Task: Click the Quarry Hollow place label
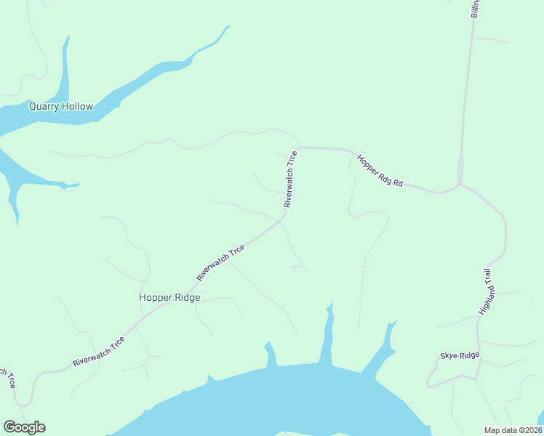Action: pos(61,106)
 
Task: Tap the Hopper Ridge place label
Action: pos(169,297)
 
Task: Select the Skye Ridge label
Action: pos(460,355)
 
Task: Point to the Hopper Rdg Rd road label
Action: pos(380,170)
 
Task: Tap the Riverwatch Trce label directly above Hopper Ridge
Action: pos(220,264)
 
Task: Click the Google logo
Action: pos(24,427)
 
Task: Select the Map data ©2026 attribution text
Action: pos(513,429)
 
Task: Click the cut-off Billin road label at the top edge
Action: pos(476,9)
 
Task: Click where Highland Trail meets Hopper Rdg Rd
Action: pos(460,185)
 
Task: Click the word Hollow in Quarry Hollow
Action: pos(77,106)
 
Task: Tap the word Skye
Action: pos(449,355)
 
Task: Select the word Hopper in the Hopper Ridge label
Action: pos(155,297)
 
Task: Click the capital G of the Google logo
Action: pos(9,427)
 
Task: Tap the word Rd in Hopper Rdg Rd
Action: pos(397,182)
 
